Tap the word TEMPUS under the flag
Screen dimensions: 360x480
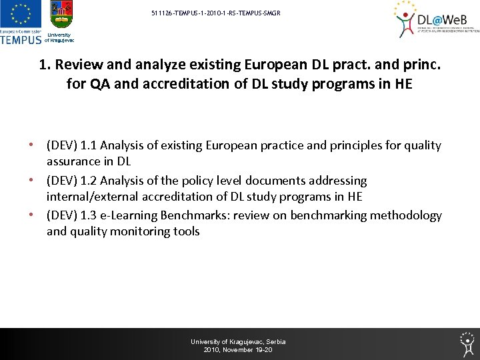21,39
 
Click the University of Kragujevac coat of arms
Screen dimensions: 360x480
61,17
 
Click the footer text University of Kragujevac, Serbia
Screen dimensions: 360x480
238,341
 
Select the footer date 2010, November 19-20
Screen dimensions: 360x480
238,350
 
